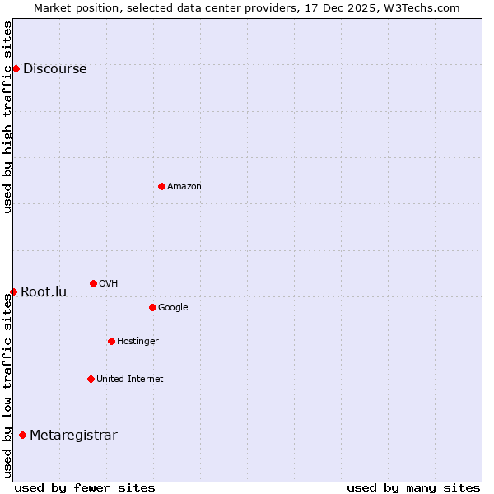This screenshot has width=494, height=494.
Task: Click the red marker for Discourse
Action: [x=16, y=68]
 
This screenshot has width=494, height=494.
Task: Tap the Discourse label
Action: [x=54, y=69]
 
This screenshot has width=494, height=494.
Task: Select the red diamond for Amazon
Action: [x=161, y=186]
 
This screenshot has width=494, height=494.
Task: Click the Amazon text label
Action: [x=184, y=187]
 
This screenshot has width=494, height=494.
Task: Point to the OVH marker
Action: [x=93, y=283]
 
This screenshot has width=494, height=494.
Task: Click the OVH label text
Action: [x=108, y=284]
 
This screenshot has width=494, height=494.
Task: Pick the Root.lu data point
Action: [x=13, y=291]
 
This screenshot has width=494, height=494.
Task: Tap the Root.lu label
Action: [x=44, y=292]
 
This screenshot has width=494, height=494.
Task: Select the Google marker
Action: [x=152, y=307]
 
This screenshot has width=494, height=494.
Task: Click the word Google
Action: [x=173, y=308]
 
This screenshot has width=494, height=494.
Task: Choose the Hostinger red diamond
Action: [x=111, y=341]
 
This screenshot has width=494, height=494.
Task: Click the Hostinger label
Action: [x=137, y=342]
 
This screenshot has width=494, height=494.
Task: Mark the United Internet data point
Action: [x=91, y=379]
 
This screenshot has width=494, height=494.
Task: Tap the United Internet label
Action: [x=129, y=380]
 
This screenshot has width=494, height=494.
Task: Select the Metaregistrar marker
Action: [x=22, y=435]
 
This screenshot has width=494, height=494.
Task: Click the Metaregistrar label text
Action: [x=73, y=436]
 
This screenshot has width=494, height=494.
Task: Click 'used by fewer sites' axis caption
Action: [x=85, y=488]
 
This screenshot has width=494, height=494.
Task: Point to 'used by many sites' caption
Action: [x=413, y=488]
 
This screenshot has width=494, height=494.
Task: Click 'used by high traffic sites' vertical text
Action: [x=8, y=117]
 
